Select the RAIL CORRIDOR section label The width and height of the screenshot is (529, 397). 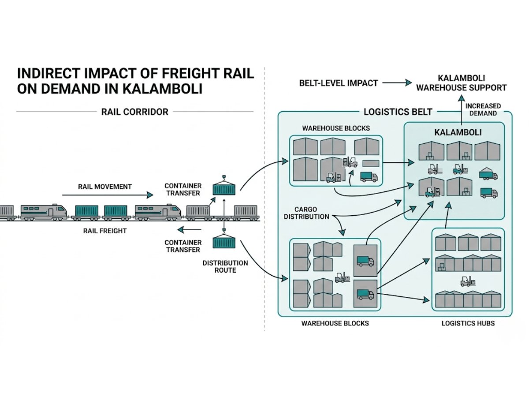tap(135, 112)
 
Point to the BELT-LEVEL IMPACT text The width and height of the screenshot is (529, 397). tap(338, 82)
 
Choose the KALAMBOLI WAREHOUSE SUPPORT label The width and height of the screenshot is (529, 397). tap(462, 82)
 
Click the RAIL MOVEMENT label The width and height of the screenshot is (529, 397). tap(104, 187)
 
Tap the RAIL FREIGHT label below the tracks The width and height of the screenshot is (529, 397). tap(105, 231)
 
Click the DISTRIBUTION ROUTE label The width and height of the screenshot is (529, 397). tap(225, 266)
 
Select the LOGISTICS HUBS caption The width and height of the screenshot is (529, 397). tap(468, 323)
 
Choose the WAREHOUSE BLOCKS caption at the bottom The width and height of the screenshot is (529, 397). tap(335, 323)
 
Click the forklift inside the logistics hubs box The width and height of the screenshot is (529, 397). tap(466, 281)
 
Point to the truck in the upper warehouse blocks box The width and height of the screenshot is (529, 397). tap(369, 177)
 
